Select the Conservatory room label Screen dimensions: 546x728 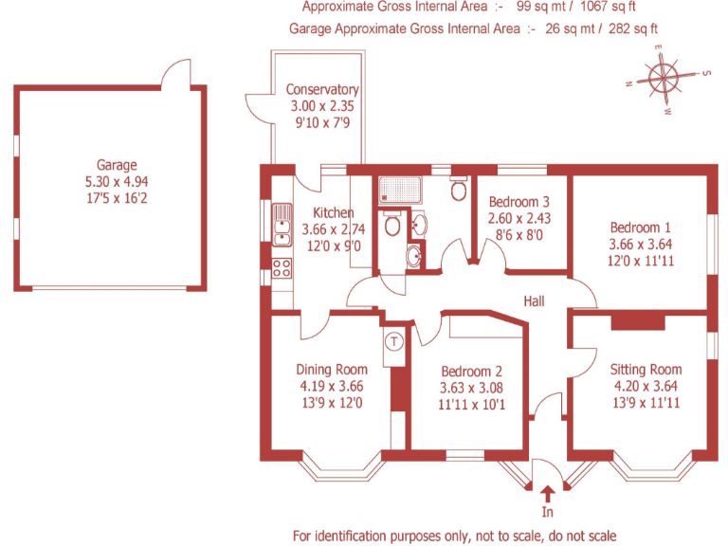coord(322,90)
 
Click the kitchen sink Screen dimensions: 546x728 coord(282,224)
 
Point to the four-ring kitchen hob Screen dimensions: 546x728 coord(282,266)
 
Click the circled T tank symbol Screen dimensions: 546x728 coord(394,339)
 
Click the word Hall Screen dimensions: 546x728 coord(534,300)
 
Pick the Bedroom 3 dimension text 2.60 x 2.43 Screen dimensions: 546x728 coord(519,218)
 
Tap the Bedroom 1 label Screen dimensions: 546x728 coord(640,227)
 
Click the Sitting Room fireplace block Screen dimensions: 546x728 coord(627,322)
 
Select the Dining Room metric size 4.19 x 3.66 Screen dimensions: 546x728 coord(331,386)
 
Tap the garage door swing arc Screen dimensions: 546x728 coord(176,71)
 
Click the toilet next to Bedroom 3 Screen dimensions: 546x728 coord(459,191)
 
